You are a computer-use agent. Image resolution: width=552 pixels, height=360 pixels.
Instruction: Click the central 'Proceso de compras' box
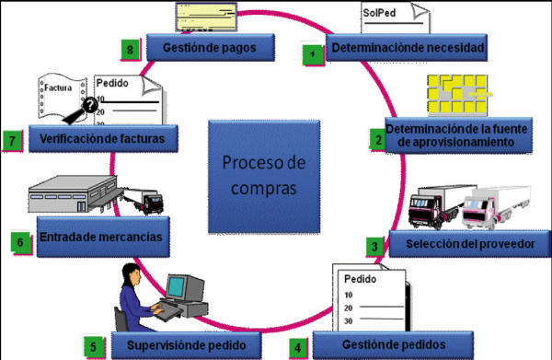262,174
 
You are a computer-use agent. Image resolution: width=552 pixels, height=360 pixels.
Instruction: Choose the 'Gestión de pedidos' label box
391,344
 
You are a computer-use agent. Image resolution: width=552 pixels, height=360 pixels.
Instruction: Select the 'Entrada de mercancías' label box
101,238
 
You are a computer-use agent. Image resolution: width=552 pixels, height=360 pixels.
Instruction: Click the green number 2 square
376,139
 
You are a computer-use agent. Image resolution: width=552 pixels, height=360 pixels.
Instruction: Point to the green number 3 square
374,246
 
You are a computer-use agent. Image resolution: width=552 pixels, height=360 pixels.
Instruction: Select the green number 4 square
297,347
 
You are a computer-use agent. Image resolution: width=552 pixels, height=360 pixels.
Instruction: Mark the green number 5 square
92,347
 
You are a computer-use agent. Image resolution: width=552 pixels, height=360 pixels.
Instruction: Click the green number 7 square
12,140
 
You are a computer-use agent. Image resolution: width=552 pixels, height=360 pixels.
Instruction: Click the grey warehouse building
68,199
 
